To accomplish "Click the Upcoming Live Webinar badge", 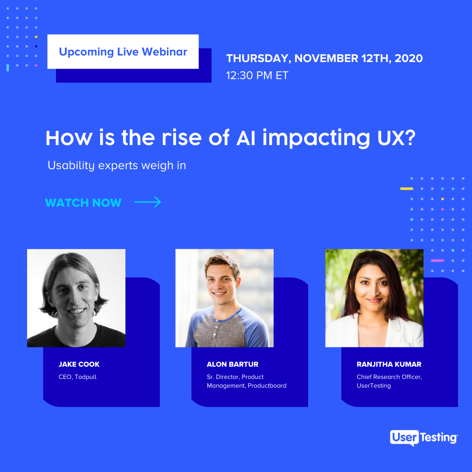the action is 123,52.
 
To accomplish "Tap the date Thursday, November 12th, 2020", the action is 324,59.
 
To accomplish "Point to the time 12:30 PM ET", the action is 257,75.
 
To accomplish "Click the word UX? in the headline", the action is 396,138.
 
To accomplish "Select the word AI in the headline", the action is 246,138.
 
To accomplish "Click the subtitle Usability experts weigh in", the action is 117,165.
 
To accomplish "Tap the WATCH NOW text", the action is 83,203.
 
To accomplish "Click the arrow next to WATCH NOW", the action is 148,202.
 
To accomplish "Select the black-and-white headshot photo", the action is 76,298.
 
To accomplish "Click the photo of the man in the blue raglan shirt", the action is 225,298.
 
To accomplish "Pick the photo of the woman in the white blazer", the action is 375,298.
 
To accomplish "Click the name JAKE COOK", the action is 79,364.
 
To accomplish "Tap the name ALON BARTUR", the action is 233,364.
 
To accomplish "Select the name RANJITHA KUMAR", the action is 389,364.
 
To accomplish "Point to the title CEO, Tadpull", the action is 78,377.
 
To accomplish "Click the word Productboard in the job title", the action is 267,385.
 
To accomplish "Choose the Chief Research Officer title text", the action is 389,377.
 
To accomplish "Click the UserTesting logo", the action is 424,437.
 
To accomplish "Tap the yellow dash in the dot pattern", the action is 406,189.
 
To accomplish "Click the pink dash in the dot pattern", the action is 437,260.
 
